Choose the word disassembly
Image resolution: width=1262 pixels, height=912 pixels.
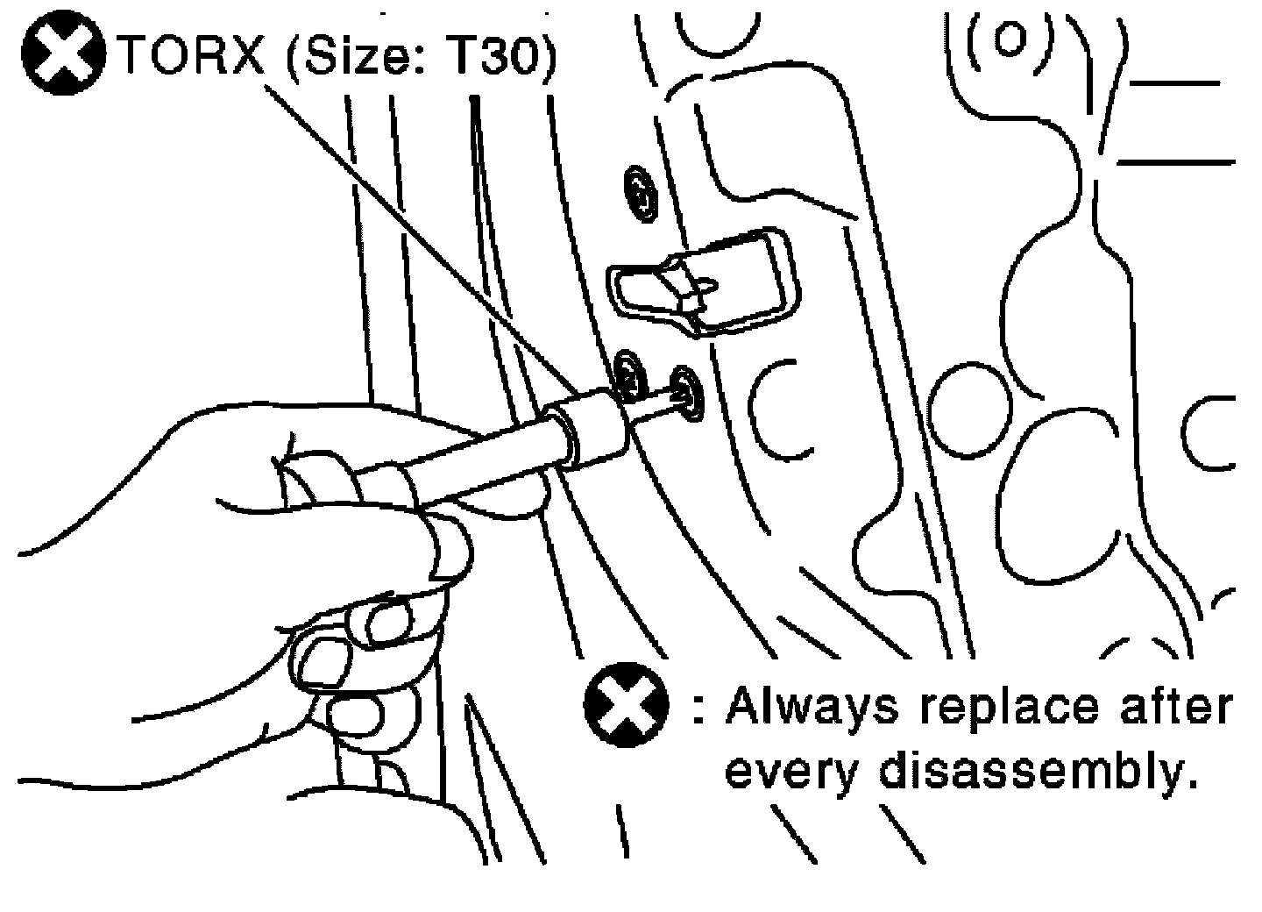(1034, 772)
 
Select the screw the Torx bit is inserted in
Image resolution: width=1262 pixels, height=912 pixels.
(685, 394)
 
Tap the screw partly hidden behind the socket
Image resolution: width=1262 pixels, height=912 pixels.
(627, 373)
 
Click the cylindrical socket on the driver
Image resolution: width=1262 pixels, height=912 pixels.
(588, 429)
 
